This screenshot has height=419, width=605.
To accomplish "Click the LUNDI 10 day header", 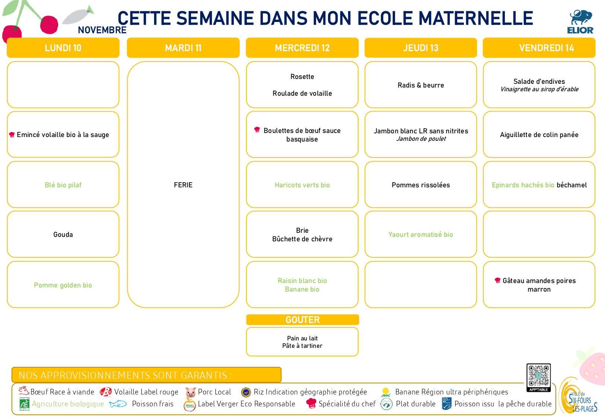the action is click(x=63, y=48).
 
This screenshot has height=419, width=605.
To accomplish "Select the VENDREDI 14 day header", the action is click(x=539, y=48).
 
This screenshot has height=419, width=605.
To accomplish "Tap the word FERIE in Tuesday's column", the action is click(x=183, y=185).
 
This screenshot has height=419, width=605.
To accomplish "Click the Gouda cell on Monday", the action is click(x=63, y=234).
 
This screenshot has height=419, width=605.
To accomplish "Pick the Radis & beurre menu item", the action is click(x=421, y=85).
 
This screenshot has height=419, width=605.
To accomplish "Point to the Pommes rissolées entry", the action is click(x=421, y=185).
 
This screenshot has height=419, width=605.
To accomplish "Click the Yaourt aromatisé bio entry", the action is click(x=421, y=234).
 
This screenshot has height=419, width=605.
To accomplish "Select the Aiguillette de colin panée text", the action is click(x=539, y=134).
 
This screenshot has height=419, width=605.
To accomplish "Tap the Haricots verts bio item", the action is click(x=302, y=185).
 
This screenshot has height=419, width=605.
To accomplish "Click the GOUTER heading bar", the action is click(x=302, y=320).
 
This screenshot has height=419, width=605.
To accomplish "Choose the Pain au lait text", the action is click(x=302, y=338).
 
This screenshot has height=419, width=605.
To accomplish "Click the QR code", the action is click(x=539, y=376).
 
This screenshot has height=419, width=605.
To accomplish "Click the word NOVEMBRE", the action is click(x=102, y=30).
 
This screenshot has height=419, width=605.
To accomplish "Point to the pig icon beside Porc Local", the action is click(x=191, y=392).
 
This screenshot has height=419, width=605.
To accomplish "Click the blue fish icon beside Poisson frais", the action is click(x=118, y=404).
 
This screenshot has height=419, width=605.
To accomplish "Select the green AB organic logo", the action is click(x=24, y=404).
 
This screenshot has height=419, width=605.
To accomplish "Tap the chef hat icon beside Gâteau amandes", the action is click(x=497, y=280).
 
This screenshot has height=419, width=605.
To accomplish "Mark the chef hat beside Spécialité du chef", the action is click(x=311, y=403).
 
